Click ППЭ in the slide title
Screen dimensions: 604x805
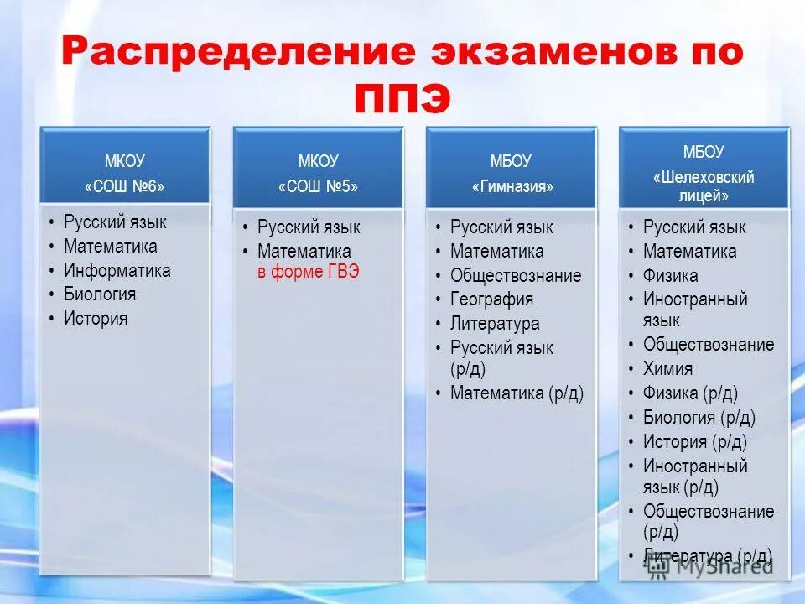tap(402, 101)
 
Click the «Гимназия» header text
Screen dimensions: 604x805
tap(511, 187)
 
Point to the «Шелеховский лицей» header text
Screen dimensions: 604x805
tap(704, 186)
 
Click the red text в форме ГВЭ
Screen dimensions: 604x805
tap(309, 271)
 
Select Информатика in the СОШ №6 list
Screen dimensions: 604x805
tap(117, 270)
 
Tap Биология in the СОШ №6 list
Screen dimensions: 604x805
tap(100, 294)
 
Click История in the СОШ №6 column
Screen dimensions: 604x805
tap(96, 318)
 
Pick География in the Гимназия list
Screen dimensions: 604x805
tap(491, 299)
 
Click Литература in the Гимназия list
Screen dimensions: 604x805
tap(495, 323)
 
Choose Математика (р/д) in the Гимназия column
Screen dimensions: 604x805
tap(517, 393)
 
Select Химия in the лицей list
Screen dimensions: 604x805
tap(668, 368)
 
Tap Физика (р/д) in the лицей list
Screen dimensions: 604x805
tap(690, 393)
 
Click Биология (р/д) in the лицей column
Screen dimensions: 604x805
tap(699, 417)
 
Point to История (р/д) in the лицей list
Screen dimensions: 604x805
tap(694, 441)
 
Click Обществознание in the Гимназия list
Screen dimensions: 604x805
tap(516, 275)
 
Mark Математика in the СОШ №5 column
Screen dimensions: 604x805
tap(304, 251)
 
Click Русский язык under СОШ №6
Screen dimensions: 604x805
tap(115, 222)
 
